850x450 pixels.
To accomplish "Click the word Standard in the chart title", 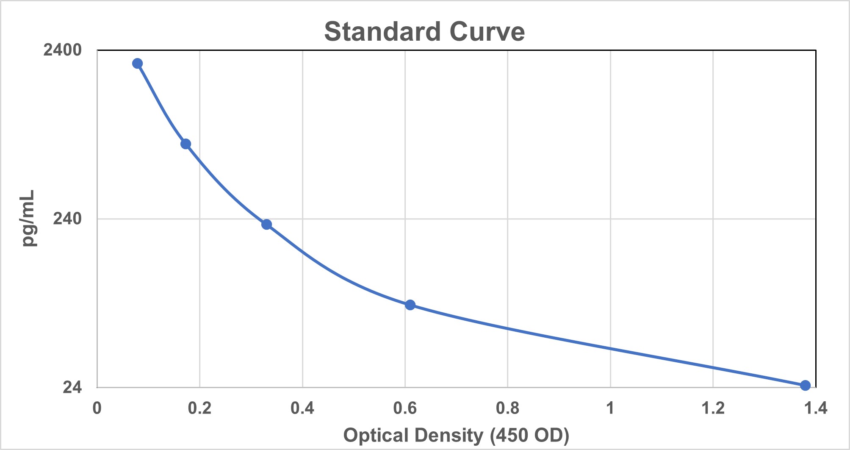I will (382, 32).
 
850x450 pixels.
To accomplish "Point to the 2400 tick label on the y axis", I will (62, 50).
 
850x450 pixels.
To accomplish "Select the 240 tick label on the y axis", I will (67, 219).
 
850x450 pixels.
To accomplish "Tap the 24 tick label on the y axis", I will (72, 387).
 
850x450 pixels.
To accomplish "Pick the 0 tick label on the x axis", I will (97, 408).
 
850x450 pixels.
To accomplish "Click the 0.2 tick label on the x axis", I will (199, 408).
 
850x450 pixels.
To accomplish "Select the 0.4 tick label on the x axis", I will (302, 408).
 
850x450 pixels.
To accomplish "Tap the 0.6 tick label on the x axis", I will (405, 408).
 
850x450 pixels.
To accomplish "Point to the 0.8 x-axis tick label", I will (507, 408).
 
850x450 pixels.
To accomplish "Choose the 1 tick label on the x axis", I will (610, 408).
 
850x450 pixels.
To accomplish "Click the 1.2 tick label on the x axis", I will (713, 408).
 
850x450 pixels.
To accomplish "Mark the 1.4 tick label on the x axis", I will (815, 408).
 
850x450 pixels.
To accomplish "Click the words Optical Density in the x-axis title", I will (413, 435).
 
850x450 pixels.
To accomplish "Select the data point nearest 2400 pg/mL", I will (137, 64).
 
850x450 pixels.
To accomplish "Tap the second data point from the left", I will (186, 144).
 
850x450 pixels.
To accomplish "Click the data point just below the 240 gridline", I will (266, 224).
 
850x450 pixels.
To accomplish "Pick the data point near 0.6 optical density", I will (410, 305).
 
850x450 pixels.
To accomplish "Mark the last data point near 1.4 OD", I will (805, 385).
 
